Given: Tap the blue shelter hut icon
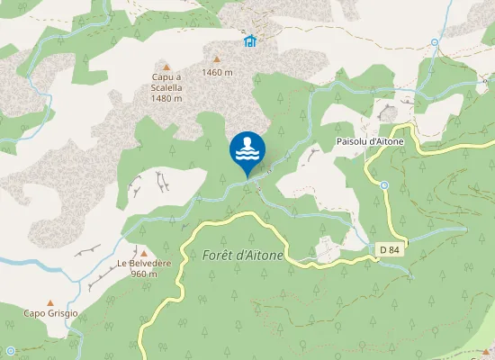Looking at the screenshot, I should click(249, 40).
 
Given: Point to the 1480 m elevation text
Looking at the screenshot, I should click(166, 98).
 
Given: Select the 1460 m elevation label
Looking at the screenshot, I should click(217, 72).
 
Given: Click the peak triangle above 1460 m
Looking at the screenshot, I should click(216, 58).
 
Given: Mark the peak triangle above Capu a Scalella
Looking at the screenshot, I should click(166, 67).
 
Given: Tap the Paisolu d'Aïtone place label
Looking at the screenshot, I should click(370, 142).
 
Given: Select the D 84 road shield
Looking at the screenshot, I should click(389, 248).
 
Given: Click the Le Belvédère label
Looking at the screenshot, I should click(144, 264).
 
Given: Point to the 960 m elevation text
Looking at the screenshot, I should click(144, 274).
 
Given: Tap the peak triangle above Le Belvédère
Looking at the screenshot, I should click(143, 252).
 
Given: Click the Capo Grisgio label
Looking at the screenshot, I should click(51, 313).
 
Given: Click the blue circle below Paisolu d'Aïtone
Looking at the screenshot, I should click(383, 185).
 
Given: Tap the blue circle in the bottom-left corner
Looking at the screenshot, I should click(10, 350).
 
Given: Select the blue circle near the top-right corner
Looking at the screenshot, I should click(434, 42).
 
